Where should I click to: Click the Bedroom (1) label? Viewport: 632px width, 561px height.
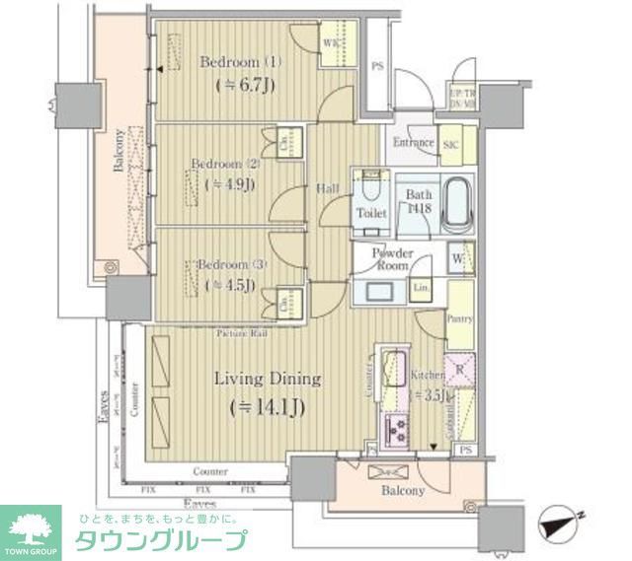tap(241, 62)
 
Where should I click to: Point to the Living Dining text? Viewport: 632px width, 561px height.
tap(268, 379)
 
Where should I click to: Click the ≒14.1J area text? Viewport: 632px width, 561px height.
tap(268, 405)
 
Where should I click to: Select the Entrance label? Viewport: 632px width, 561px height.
tap(413, 142)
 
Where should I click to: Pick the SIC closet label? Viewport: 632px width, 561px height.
tap(450, 145)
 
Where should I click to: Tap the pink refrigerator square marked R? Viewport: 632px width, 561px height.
tap(459, 372)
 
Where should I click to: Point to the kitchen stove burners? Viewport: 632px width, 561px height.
tap(398, 429)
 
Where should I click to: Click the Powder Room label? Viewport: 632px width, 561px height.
tap(392, 259)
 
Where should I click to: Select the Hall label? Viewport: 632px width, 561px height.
tap(328, 188)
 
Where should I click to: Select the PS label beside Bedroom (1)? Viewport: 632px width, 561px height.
tap(376, 67)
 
